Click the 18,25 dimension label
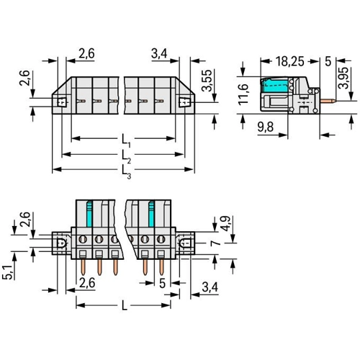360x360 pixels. click(x=290, y=61)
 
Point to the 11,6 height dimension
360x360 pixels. click(x=243, y=94)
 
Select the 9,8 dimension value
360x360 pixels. click(x=266, y=127)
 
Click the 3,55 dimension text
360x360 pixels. click(x=207, y=81)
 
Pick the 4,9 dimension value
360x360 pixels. click(x=225, y=223)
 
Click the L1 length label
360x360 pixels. click(x=126, y=140)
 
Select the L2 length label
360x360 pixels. click(x=126, y=156)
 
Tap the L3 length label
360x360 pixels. click(x=126, y=172)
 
